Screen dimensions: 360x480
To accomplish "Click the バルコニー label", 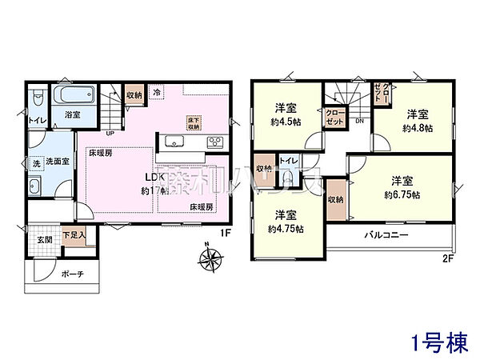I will pos(388,236).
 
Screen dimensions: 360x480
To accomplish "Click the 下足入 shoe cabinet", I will pos(74,237).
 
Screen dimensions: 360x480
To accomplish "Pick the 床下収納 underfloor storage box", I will pos(194,122).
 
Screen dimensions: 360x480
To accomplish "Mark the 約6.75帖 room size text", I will pos(406,194).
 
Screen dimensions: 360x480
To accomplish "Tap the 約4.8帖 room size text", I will pos(416,126).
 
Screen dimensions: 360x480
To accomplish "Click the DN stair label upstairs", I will pos(359,121).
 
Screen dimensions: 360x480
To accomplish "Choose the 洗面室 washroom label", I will pos(54,161).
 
